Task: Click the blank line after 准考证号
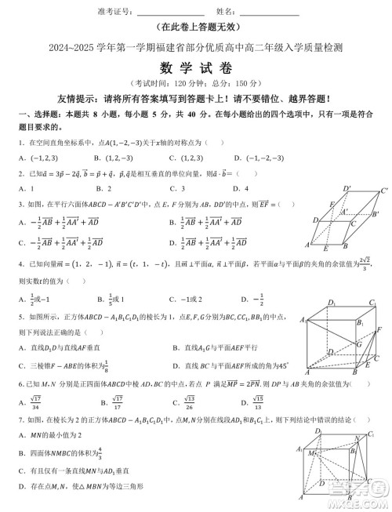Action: click(170, 12)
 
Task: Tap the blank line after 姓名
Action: click(268, 12)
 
